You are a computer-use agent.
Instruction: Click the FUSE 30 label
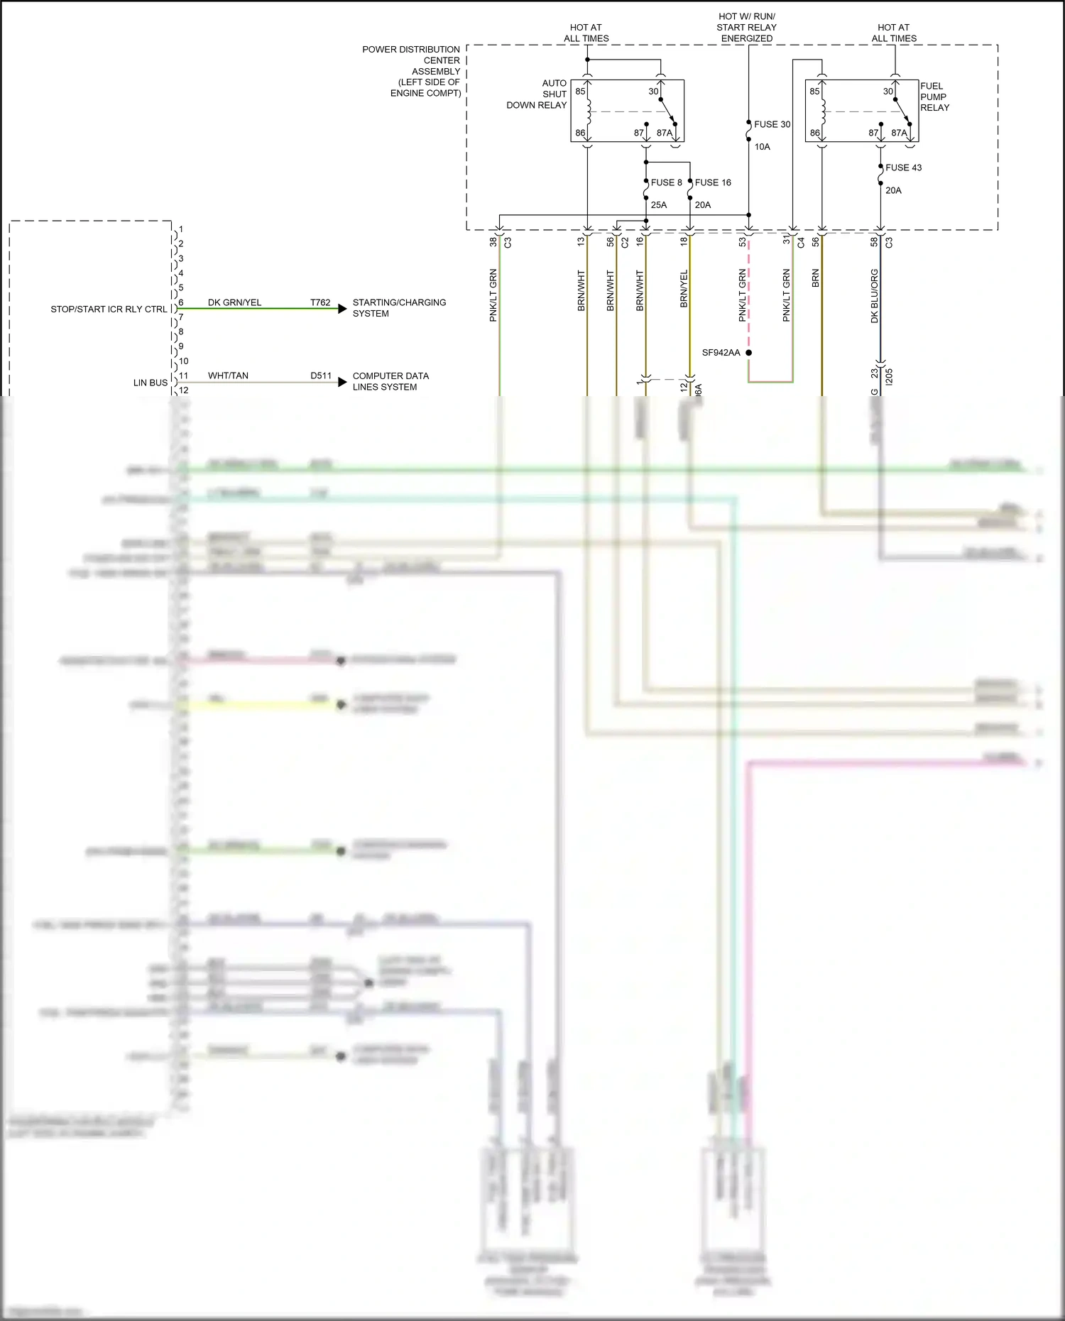[772, 124]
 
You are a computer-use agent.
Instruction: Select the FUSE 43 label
[903, 168]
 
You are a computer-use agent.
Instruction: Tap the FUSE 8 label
[666, 182]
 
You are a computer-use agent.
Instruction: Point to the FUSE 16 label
[713, 182]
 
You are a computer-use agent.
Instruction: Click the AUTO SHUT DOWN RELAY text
[537, 94]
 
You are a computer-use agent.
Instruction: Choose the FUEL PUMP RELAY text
[934, 97]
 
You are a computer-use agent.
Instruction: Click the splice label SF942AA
[721, 353]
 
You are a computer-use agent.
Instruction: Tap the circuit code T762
[320, 302]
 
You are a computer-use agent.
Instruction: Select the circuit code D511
[321, 376]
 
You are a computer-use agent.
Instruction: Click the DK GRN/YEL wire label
[234, 302]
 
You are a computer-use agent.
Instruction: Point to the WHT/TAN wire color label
[228, 376]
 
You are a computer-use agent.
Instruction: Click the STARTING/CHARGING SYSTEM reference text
[399, 307]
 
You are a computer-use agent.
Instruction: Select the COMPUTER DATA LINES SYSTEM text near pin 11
[390, 381]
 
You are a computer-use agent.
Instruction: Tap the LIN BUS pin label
[151, 383]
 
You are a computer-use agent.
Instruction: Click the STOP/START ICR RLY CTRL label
[109, 309]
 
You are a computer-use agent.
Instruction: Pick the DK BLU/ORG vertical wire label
[875, 296]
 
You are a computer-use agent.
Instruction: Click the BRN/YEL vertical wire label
[684, 288]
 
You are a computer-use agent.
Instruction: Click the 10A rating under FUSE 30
[762, 147]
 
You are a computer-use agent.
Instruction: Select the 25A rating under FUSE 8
[658, 205]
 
